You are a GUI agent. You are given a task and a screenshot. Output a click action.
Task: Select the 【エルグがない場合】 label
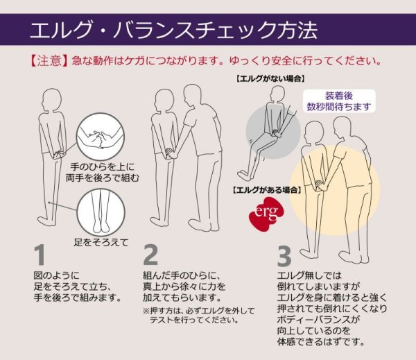270,79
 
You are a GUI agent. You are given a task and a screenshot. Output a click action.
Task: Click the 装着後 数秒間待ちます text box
340,101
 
